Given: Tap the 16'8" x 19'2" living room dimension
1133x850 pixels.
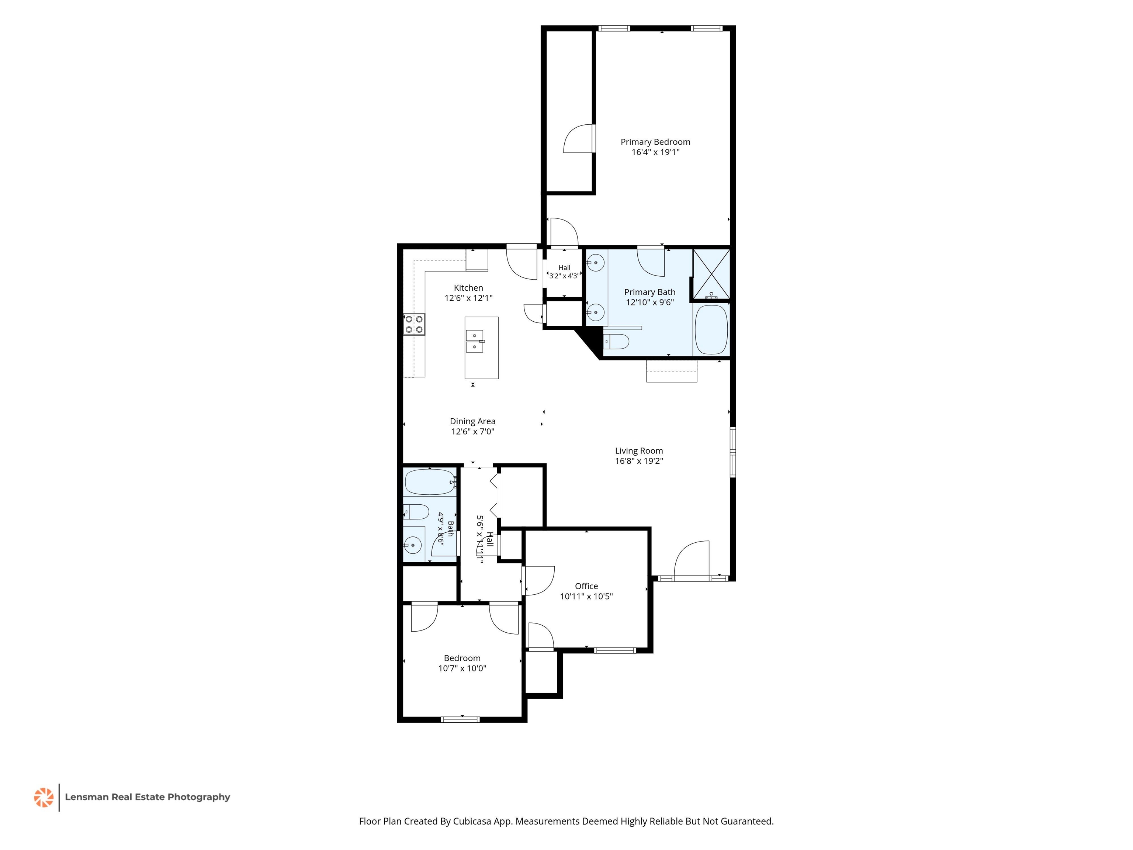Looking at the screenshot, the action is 639,461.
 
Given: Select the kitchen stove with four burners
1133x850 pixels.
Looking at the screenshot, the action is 414,324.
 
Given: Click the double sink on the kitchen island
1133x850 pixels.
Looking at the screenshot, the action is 475,341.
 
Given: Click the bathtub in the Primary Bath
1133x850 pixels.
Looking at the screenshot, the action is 711,329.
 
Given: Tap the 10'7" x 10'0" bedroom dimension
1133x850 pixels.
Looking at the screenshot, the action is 462,668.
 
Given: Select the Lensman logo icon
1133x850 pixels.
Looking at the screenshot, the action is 44,797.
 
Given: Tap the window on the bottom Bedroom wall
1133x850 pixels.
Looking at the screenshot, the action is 461,719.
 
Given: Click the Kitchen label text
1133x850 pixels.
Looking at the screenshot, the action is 468,288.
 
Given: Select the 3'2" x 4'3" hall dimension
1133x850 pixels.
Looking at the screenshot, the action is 564,276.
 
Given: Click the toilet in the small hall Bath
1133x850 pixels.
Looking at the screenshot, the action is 416,511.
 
